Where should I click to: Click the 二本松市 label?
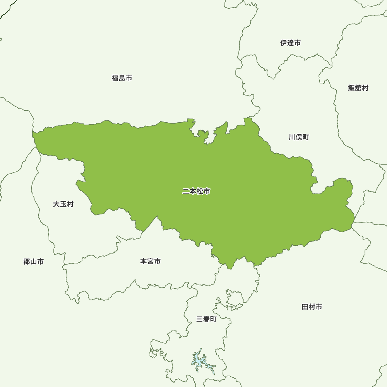point(196,191)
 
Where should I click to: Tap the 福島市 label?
point(122,78)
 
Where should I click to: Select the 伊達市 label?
point(290,43)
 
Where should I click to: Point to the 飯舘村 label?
point(358,88)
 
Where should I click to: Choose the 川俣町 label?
point(298,137)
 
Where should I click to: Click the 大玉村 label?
point(63,204)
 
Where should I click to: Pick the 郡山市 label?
point(33,262)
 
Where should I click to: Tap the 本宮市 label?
point(150,262)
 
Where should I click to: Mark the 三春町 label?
point(206,319)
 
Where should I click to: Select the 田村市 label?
point(312,307)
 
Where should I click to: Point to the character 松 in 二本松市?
point(200,191)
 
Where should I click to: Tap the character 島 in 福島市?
point(122,78)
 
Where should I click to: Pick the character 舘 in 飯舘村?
point(358,88)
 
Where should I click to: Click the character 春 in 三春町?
point(206,319)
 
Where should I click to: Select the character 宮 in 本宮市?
point(150,262)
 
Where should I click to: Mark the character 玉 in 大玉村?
point(63,204)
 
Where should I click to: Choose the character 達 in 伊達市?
point(290,43)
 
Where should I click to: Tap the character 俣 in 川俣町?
point(298,137)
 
